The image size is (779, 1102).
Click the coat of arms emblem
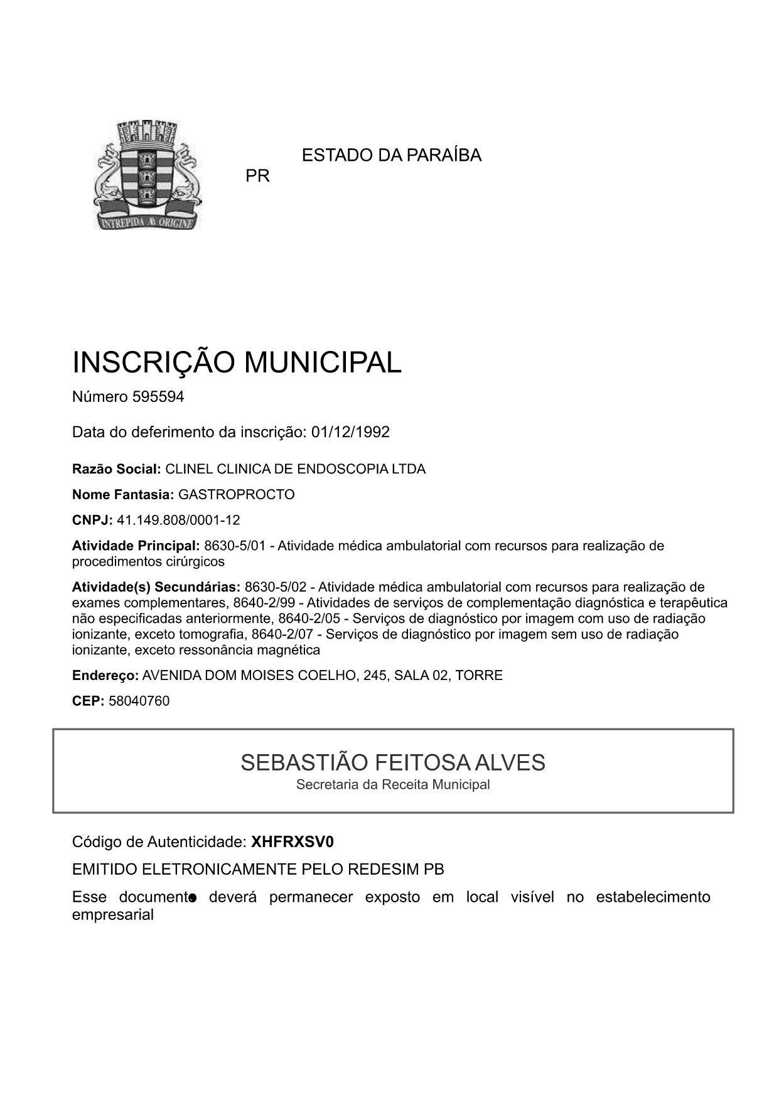pos(148,175)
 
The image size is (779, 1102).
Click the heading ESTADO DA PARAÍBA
pos(392,155)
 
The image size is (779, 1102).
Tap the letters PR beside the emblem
pos(257,176)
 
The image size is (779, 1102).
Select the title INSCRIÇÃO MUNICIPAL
pos(237,362)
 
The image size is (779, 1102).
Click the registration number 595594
pos(158,397)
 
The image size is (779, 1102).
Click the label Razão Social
pos(117,469)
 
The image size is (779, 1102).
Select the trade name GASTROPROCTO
pos(237,495)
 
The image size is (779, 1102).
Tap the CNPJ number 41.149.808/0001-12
pos(178,521)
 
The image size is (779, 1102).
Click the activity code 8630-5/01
pos(235,546)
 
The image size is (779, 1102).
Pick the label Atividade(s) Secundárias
pos(156,587)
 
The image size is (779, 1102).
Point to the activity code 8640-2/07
pos(286,634)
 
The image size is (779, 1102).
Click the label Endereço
pos(105,676)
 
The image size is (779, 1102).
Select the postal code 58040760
pos(139,701)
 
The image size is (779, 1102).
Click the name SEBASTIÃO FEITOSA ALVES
pos(393,763)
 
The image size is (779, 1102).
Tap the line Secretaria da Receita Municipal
pos(393,784)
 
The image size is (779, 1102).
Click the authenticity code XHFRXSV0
pos(293,841)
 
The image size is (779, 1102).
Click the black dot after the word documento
pos(193,899)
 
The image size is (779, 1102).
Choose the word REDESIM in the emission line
pos(384,870)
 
